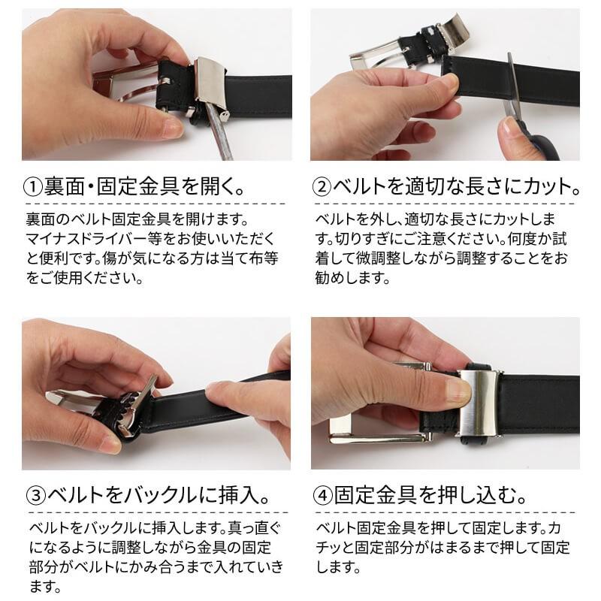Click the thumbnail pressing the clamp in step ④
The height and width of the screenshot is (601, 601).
458,391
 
